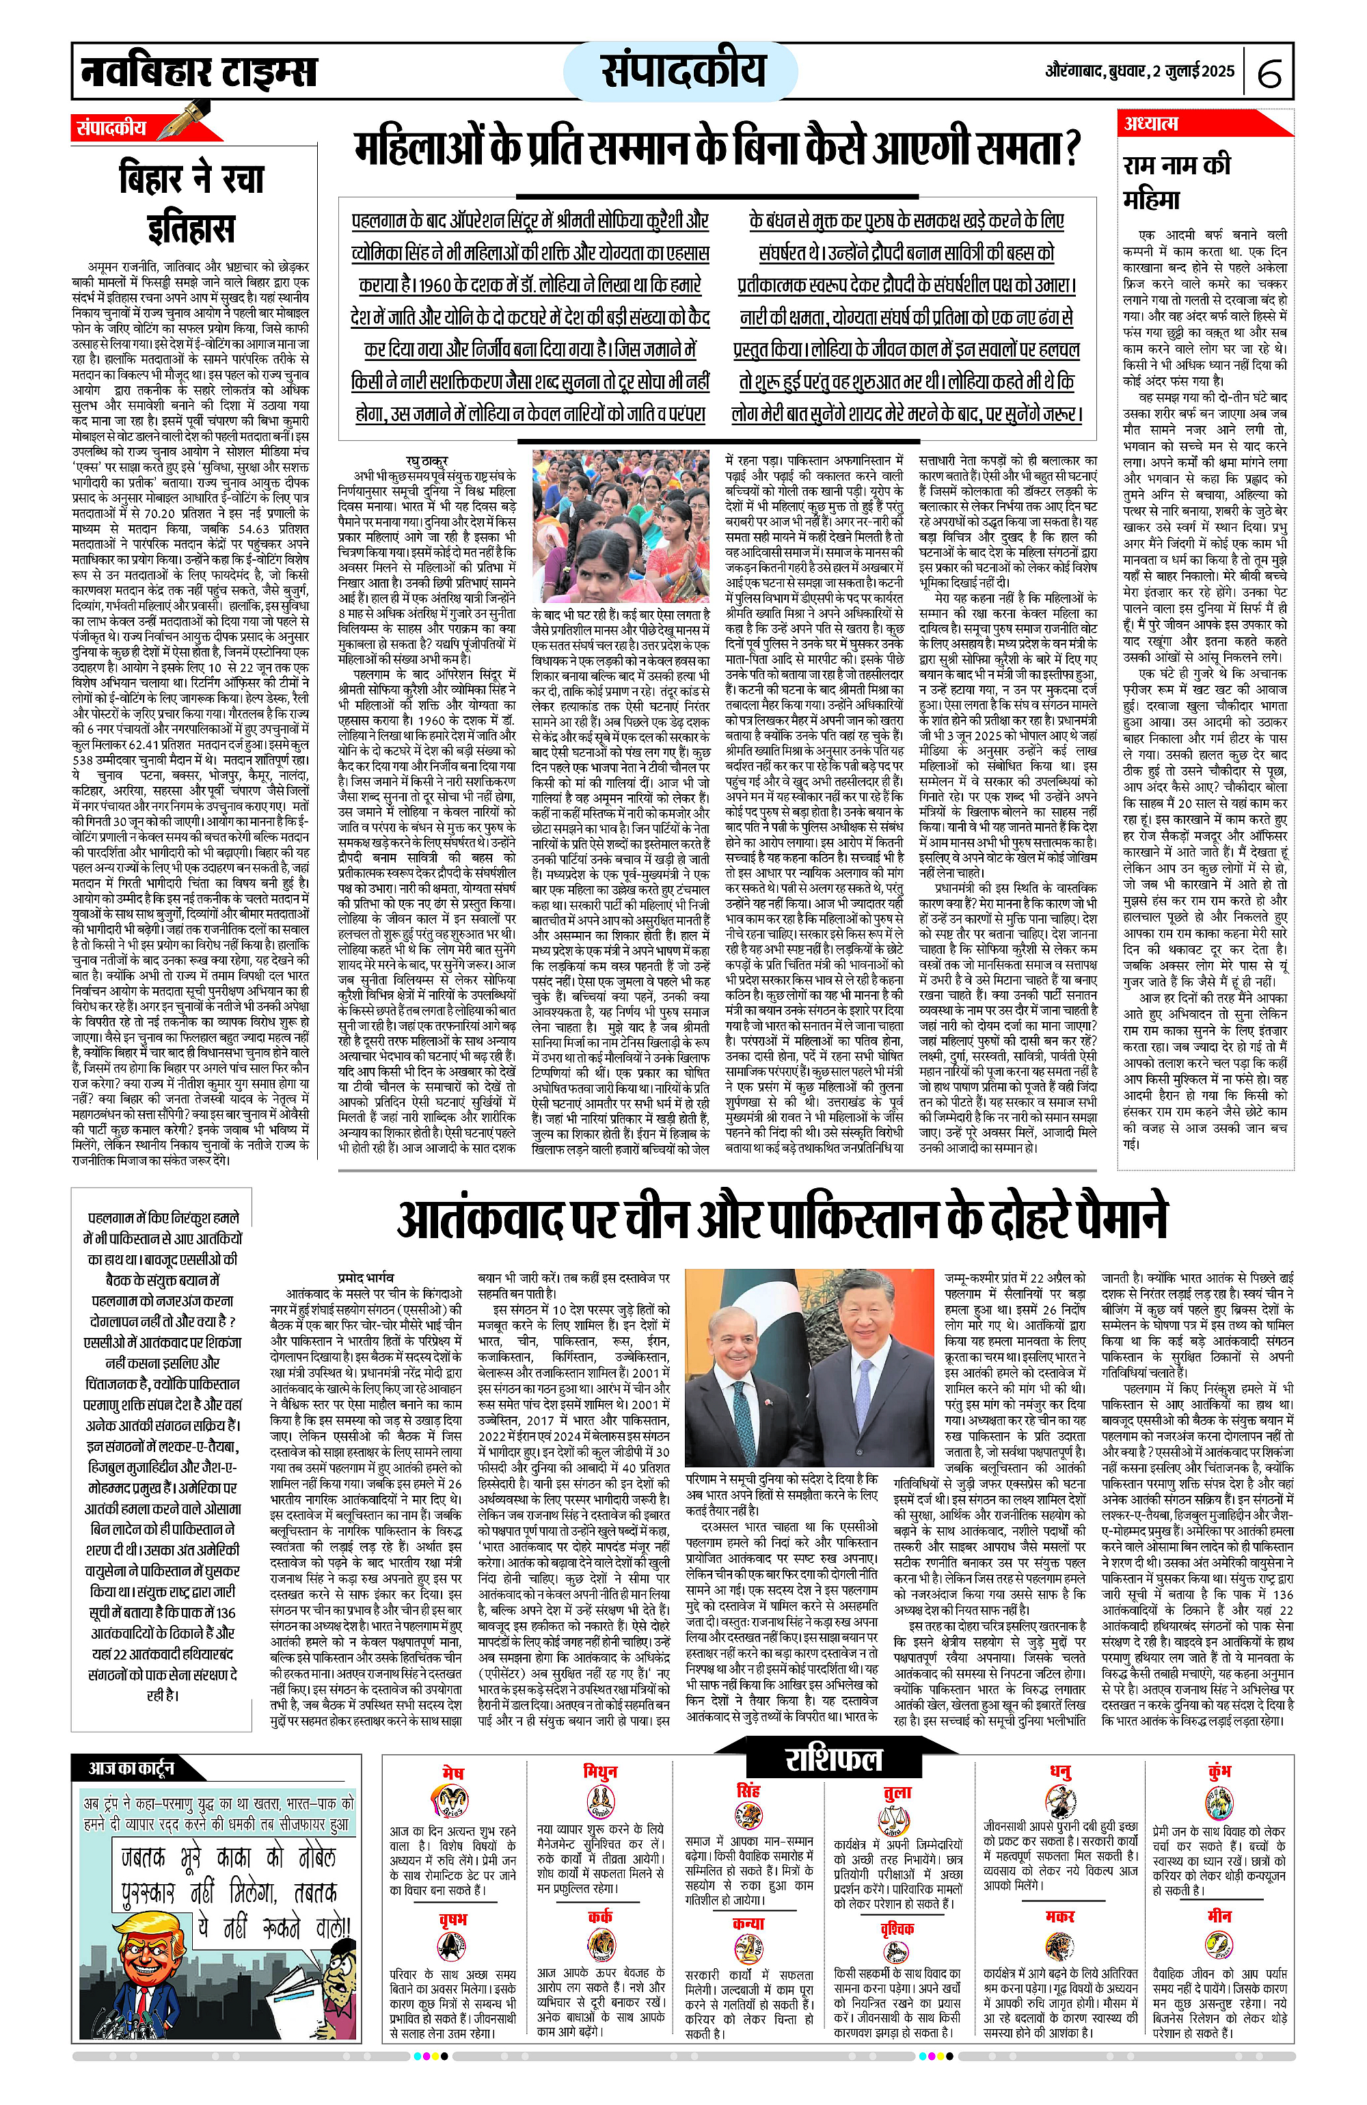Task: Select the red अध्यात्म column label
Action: tap(1151, 124)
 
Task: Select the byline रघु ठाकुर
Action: tap(427, 461)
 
